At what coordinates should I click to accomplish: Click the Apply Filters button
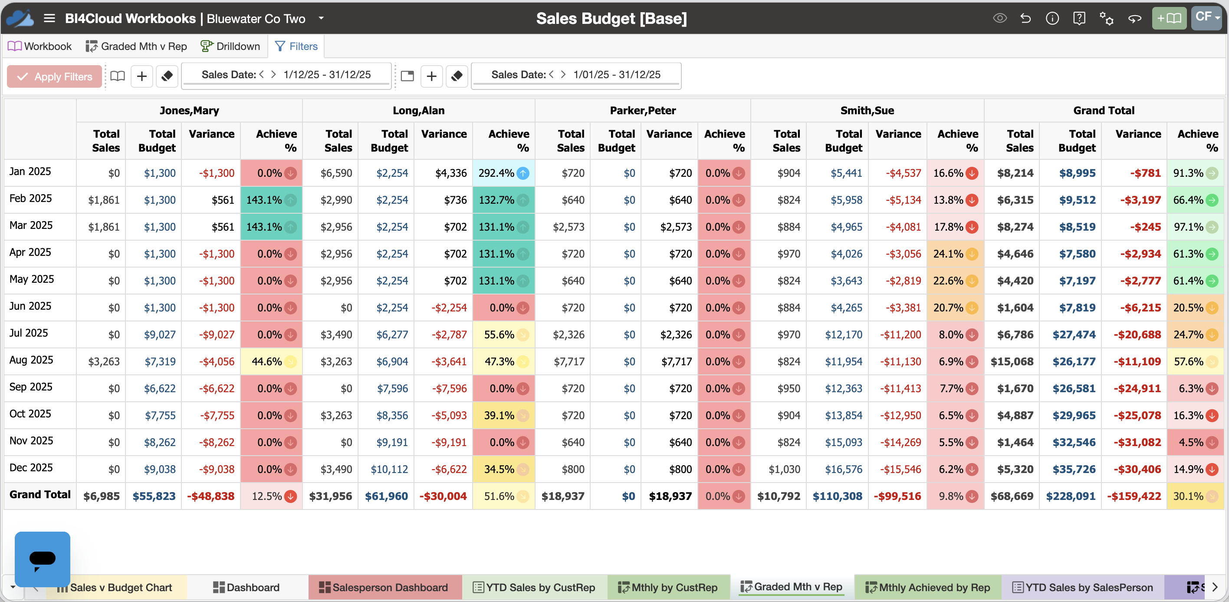point(54,76)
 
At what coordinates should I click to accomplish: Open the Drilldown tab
point(230,46)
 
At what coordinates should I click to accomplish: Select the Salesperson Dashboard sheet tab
point(384,587)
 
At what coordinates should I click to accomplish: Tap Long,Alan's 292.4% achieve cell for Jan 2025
point(503,173)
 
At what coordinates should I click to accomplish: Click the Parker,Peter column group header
point(643,110)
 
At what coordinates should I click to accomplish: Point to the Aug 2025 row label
point(32,360)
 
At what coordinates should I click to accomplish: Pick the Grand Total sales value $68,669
point(1012,496)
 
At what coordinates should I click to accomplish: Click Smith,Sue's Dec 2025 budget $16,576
point(844,469)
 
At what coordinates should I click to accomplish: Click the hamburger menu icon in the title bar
point(49,18)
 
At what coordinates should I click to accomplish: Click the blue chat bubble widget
point(43,559)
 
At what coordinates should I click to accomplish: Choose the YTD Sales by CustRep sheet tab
point(534,587)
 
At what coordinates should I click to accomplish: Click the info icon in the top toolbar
point(1052,18)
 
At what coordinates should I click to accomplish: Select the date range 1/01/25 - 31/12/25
point(617,74)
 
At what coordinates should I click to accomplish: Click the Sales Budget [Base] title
point(611,18)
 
